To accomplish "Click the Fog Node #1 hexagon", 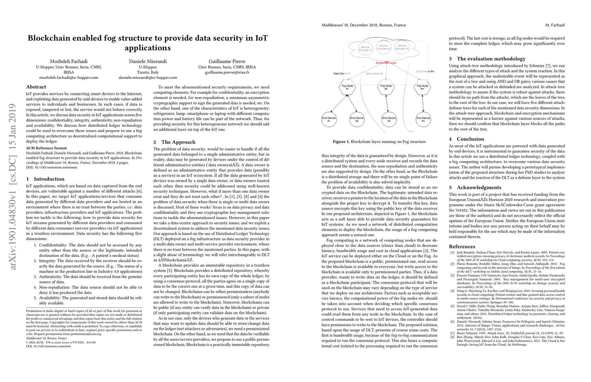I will click(347, 87).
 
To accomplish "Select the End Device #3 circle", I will click(389, 119).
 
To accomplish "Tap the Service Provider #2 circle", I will click(383, 47).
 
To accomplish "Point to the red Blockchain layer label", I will click(386, 63).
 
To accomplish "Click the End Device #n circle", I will click(423, 119).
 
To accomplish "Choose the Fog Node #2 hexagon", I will click(386, 87).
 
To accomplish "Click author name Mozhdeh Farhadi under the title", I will click(69, 61).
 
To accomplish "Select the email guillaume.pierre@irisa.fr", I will click(227, 72).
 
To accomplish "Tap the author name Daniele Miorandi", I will click(148, 61).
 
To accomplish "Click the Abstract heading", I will click(36, 87).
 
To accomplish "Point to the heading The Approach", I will click(178, 142).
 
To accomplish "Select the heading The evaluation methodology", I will click(491, 59).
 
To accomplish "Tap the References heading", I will click(462, 246).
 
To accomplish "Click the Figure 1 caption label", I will click(341, 142).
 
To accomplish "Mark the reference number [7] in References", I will click(452, 333).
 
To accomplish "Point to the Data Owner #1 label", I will click(342, 74).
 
